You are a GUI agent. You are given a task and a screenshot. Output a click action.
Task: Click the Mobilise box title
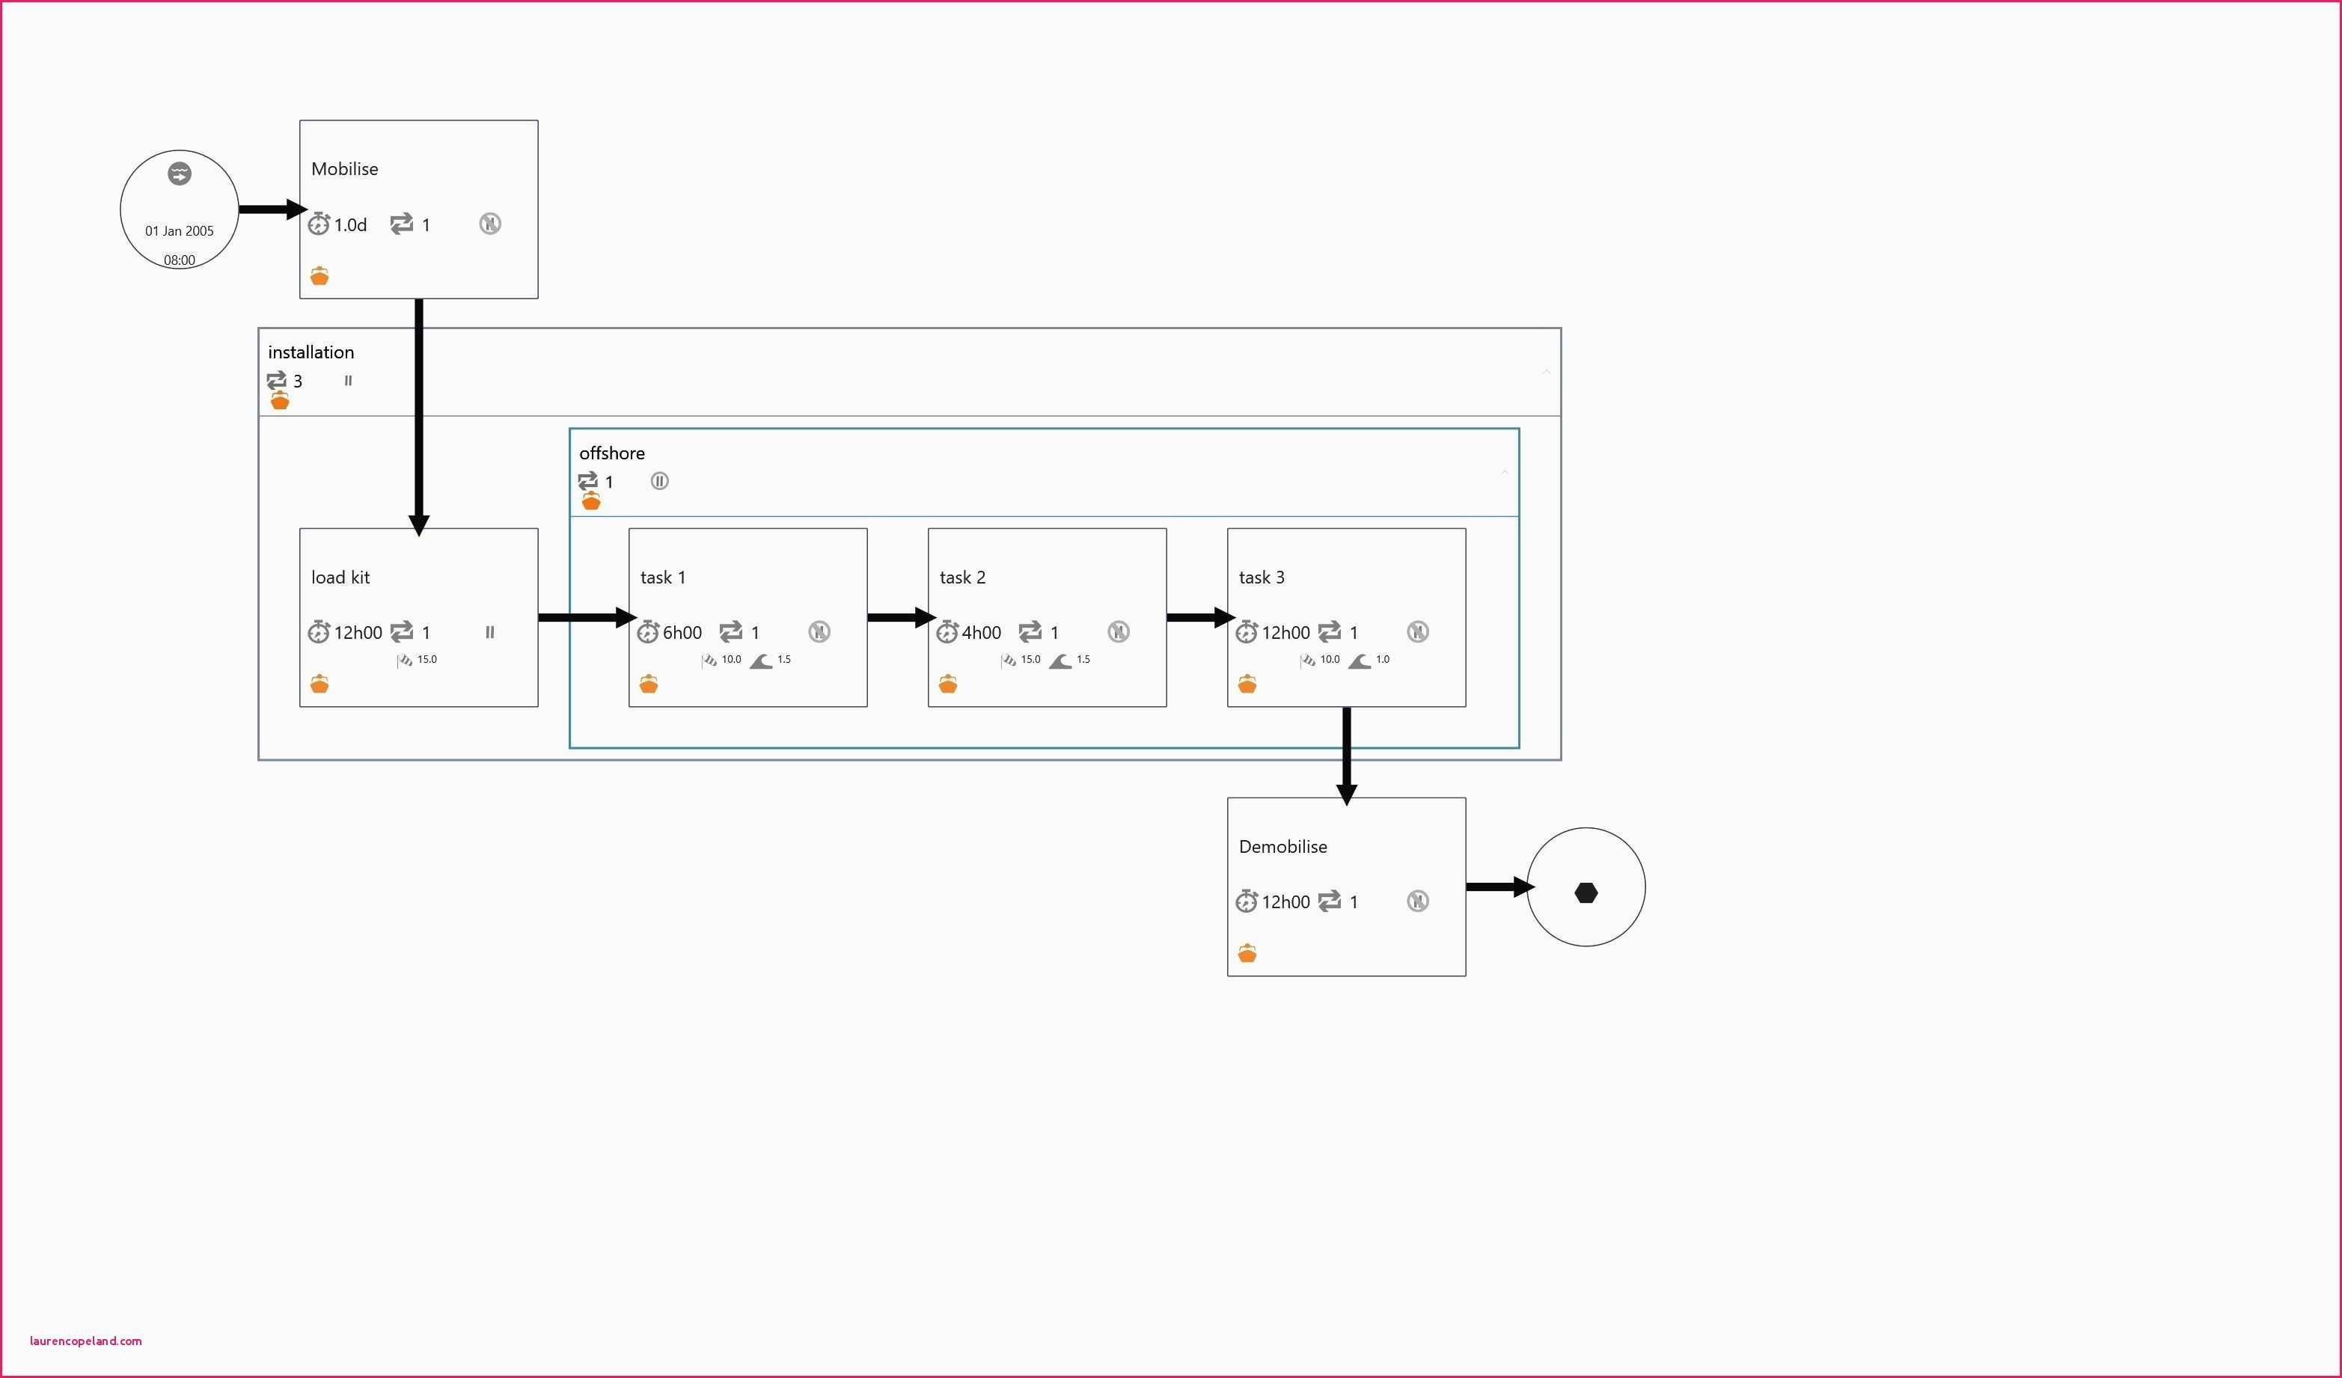[345, 169]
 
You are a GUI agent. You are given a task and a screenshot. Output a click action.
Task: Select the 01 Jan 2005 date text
[180, 231]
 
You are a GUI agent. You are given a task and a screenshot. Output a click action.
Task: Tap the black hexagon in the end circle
[1586, 893]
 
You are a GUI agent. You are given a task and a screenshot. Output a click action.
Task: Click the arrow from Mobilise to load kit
[419, 417]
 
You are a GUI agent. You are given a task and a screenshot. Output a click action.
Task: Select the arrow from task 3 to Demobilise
[1347, 756]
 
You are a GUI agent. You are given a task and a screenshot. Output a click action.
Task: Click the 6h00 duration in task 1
[682, 633]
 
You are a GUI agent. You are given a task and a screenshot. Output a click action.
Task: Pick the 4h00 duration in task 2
[982, 633]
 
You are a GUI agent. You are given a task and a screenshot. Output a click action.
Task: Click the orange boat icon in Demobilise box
[1247, 952]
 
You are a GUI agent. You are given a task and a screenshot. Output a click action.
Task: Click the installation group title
[311, 352]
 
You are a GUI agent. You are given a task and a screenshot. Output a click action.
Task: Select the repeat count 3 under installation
[297, 381]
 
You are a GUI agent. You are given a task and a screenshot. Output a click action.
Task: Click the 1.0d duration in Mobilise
[350, 225]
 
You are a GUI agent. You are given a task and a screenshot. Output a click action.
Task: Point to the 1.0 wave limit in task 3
[1383, 659]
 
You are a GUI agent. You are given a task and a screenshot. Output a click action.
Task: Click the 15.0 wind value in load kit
[426, 659]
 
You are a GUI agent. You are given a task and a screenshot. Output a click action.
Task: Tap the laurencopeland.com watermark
[85, 1341]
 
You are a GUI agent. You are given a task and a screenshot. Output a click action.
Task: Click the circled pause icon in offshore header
[660, 480]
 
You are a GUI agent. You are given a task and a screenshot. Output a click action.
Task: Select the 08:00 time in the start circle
[180, 260]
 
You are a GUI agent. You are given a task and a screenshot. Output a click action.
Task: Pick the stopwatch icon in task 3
[1247, 632]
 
